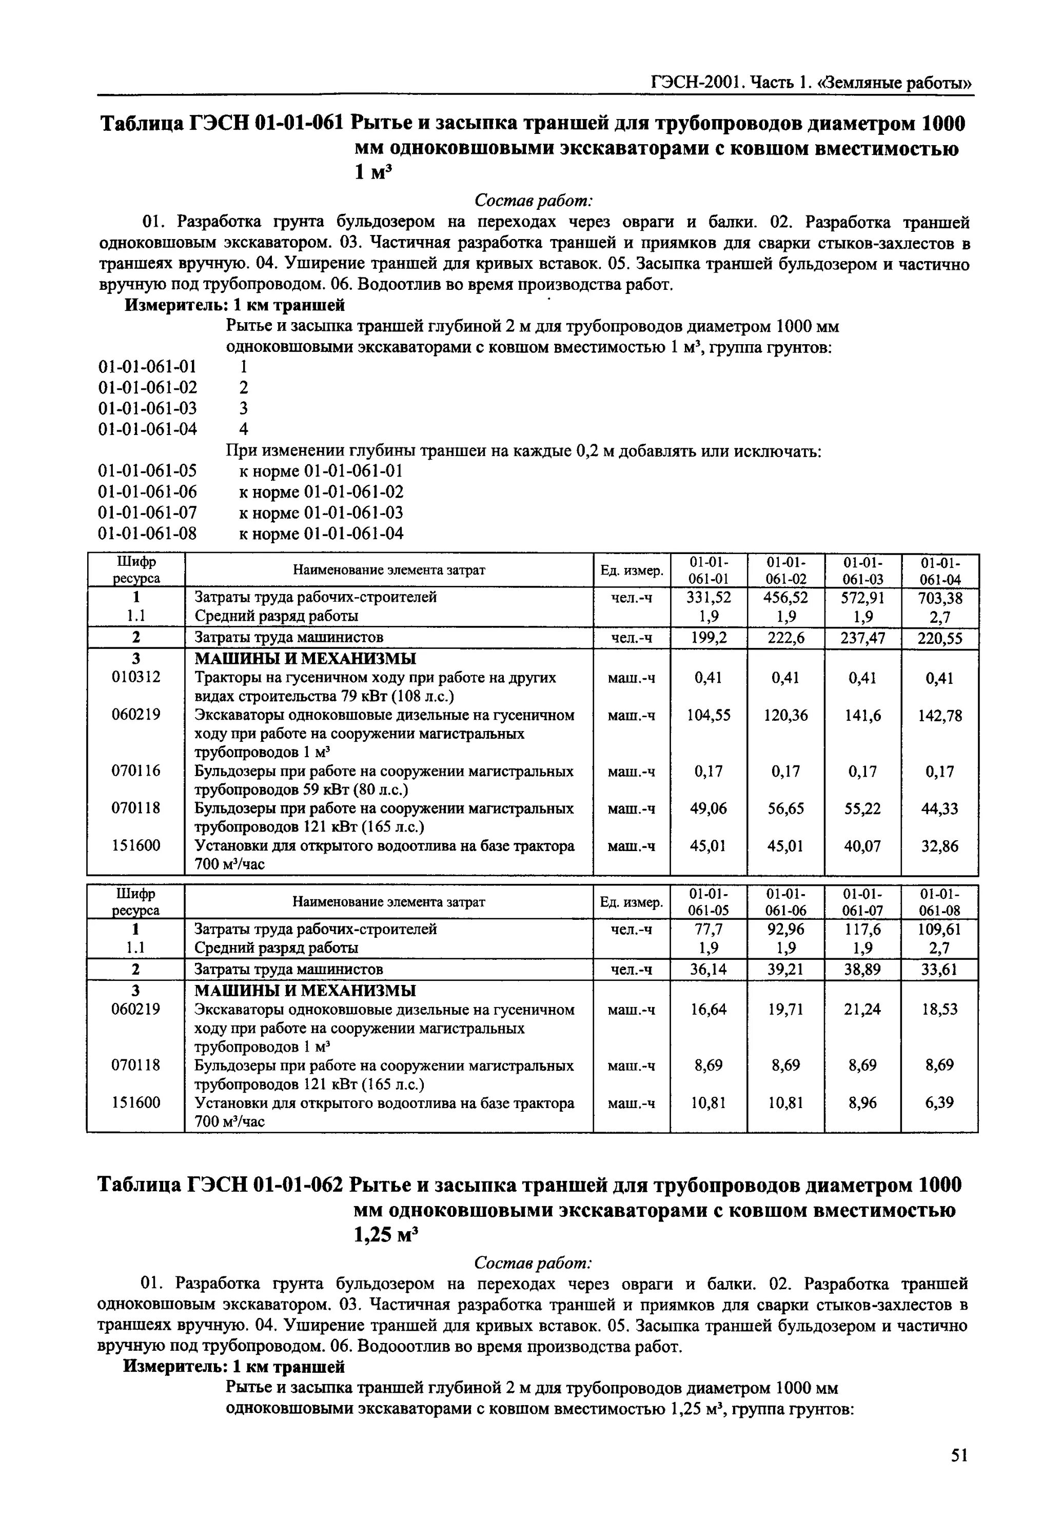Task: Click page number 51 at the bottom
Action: tap(958, 1455)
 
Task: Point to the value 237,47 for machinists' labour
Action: tap(862, 638)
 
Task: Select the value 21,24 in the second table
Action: tap(862, 1010)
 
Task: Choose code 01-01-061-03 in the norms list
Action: tap(148, 408)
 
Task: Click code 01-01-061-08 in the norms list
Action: tap(148, 534)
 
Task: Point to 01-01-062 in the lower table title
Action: tap(298, 1185)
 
